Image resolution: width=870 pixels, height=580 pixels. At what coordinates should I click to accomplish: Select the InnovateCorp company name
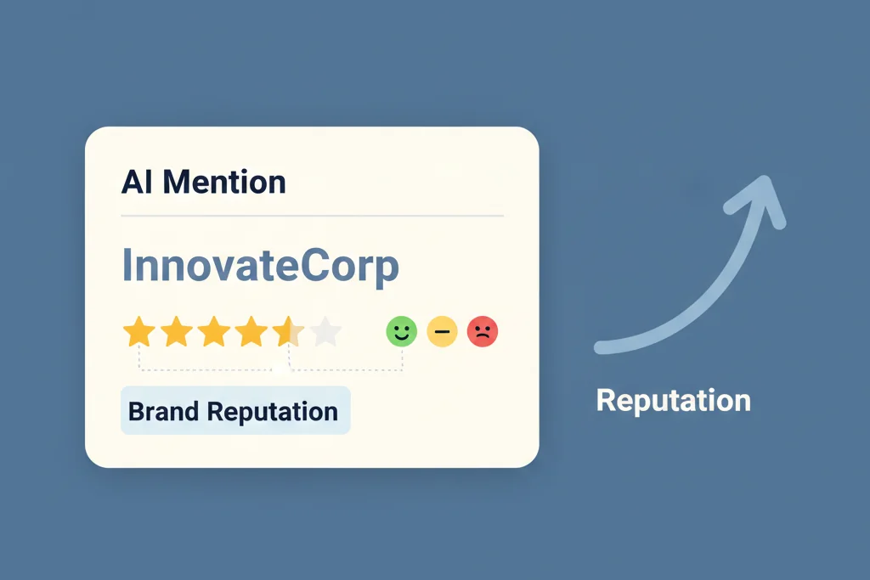tap(260, 266)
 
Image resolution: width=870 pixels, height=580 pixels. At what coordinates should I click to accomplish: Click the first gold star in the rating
tap(138, 331)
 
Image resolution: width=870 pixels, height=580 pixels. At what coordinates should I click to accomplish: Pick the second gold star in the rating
tap(176, 331)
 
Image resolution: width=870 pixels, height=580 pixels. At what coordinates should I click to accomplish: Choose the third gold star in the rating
tap(213, 331)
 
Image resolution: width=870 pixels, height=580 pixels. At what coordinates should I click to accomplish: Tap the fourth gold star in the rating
tap(251, 331)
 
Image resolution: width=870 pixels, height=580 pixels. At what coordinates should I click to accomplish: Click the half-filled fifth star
tap(288, 331)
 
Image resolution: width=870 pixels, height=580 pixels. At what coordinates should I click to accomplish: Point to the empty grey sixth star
tap(325, 331)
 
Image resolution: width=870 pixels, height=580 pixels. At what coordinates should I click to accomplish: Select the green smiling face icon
tap(402, 331)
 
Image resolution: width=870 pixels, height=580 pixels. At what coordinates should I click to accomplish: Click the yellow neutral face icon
tap(442, 331)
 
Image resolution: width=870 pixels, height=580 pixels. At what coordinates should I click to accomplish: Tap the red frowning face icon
tap(482, 331)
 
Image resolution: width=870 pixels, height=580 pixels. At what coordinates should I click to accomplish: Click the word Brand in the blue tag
tap(163, 412)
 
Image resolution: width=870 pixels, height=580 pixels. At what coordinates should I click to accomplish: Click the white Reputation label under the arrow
tap(673, 400)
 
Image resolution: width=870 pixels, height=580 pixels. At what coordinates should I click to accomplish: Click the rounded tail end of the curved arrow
tap(600, 346)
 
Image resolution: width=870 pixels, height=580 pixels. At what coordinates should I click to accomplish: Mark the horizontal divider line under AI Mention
tap(312, 217)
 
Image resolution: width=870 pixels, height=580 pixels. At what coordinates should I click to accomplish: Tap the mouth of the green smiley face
tap(402, 337)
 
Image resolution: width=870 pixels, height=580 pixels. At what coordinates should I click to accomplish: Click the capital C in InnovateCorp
tap(313, 266)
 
